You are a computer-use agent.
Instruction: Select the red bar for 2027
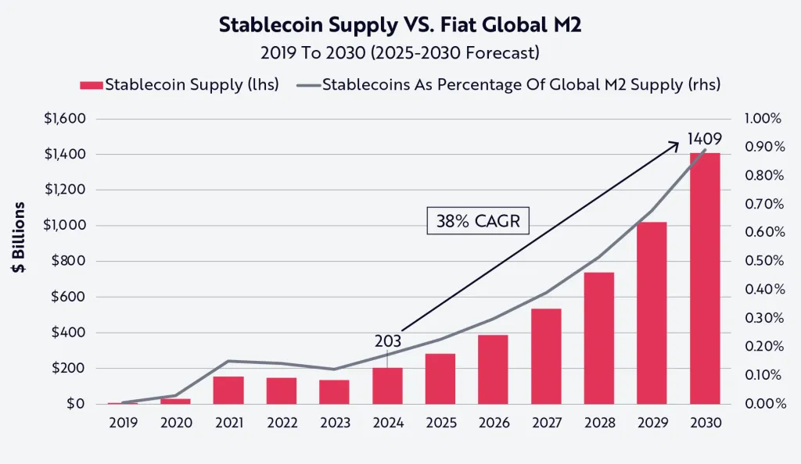pos(546,356)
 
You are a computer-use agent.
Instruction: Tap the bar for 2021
pos(228,390)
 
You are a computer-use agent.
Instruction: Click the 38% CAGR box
pos(478,221)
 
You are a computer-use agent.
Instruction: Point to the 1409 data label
pos(704,139)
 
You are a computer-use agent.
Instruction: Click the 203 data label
pos(388,341)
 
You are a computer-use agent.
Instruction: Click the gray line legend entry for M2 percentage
pos(508,84)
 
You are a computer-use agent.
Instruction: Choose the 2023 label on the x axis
pos(335,423)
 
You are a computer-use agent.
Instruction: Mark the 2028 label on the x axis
pos(598,423)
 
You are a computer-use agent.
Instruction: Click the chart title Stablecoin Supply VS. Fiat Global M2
pos(400,25)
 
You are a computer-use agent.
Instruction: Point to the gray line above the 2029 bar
pos(652,211)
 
